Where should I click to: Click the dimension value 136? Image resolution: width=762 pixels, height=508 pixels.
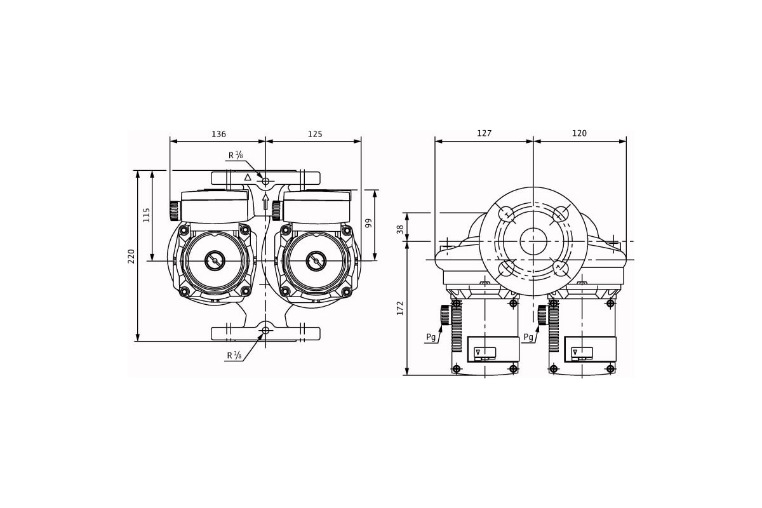click(218, 134)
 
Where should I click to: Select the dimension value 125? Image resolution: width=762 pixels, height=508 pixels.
click(315, 134)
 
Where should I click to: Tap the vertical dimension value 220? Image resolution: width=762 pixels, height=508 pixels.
click(131, 256)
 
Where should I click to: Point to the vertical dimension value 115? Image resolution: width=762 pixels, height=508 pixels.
click(146, 215)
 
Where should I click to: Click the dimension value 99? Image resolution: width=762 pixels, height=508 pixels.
click(368, 224)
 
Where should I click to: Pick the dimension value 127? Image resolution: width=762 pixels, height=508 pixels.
click(484, 133)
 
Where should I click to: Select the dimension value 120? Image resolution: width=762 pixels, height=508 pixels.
click(579, 133)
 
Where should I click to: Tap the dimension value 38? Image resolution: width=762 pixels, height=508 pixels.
click(400, 229)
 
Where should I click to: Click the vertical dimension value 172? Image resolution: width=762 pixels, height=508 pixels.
click(400, 308)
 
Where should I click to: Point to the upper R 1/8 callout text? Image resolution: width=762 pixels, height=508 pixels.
click(236, 156)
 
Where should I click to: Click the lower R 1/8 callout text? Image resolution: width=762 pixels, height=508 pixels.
click(234, 356)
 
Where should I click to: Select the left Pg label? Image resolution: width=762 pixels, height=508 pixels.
click(431, 337)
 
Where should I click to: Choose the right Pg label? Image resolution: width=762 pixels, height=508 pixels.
click(528, 337)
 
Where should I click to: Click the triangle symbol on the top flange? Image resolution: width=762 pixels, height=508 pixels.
click(248, 177)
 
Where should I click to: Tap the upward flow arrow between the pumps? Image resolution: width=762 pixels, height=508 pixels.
click(265, 202)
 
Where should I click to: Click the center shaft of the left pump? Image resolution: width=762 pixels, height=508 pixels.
click(215, 261)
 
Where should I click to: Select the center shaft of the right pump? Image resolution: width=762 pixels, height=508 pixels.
click(316, 261)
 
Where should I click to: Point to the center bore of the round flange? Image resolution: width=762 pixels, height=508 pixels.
click(533, 241)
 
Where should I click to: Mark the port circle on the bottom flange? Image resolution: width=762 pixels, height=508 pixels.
click(265, 330)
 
